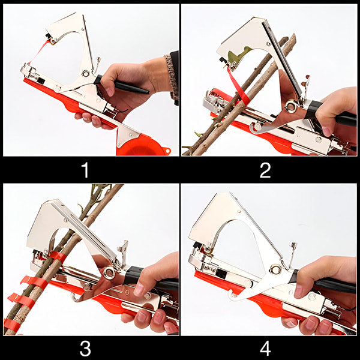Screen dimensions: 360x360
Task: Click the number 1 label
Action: (85, 170)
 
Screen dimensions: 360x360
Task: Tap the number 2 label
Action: (265, 170)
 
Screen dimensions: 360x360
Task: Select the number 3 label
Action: (85, 348)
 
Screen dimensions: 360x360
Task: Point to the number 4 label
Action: (265, 348)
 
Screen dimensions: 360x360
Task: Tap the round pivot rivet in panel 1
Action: (86, 73)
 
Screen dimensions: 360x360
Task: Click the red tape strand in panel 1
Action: (39, 52)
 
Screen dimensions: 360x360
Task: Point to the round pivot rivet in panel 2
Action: (291, 107)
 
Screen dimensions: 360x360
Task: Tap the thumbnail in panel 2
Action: (326, 131)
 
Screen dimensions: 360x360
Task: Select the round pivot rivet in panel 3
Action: (109, 272)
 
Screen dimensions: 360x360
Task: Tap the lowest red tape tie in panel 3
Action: (12, 325)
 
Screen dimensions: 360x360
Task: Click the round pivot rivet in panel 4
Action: (275, 269)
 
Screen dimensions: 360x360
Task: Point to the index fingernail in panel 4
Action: (298, 291)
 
